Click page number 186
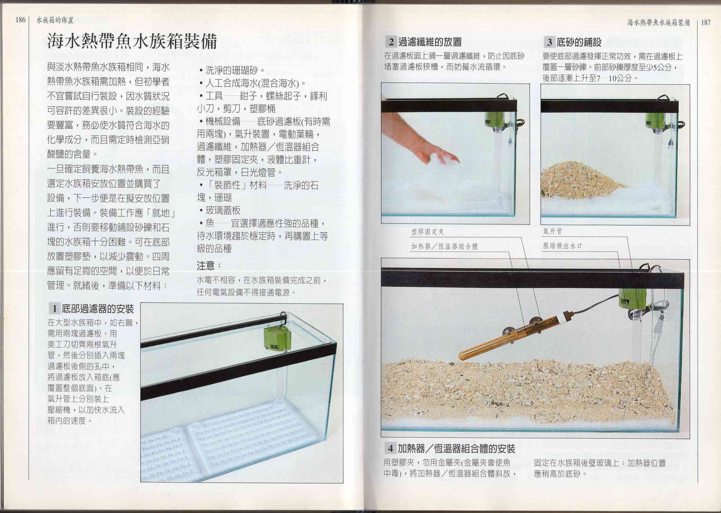point(20,20)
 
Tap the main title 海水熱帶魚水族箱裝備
point(132,41)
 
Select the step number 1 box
point(54,309)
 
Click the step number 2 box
point(391,42)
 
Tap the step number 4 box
point(390,448)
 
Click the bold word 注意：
point(209,266)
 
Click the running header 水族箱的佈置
point(55,20)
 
